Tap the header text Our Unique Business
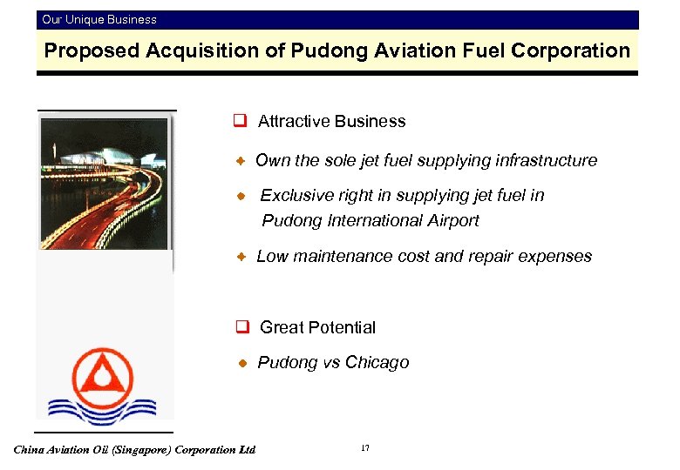pyautogui.click(x=99, y=19)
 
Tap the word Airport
pyautogui.click(x=451, y=221)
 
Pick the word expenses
pyautogui.click(x=555, y=257)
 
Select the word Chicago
pyautogui.click(x=377, y=363)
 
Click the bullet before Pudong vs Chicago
pyautogui.click(x=244, y=363)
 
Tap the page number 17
pyautogui.click(x=364, y=448)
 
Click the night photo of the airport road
pyautogui.click(x=104, y=184)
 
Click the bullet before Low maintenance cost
pyautogui.click(x=244, y=257)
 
